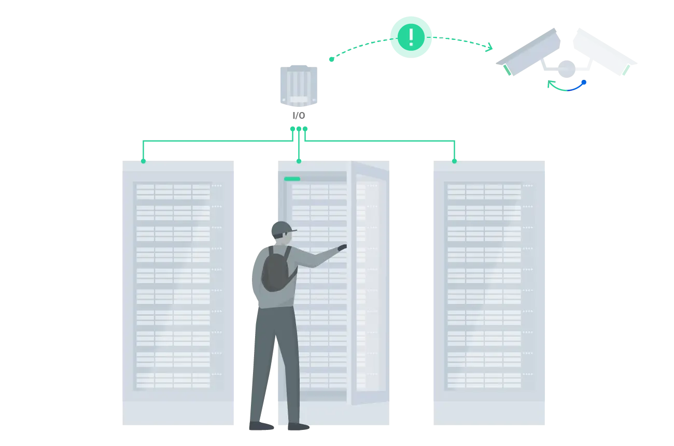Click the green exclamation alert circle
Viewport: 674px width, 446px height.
click(411, 37)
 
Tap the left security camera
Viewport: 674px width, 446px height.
click(531, 52)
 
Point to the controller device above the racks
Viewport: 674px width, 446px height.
click(298, 85)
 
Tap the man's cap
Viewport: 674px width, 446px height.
click(282, 228)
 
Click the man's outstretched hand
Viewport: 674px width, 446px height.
click(342, 248)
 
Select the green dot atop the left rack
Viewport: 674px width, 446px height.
click(143, 161)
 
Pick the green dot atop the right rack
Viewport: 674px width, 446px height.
click(454, 161)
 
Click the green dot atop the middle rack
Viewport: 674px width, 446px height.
click(299, 161)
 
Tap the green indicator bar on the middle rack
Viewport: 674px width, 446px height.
click(292, 179)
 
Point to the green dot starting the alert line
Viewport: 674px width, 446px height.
click(331, 59)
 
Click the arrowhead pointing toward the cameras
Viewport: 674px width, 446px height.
click(487, 48)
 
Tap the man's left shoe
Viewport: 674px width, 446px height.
click(262, 426)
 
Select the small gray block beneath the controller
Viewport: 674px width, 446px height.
click(298, 116)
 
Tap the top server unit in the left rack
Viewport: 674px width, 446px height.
click(173, 192)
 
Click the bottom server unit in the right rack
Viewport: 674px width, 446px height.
click(484, 380)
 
